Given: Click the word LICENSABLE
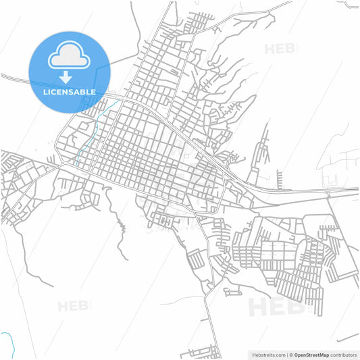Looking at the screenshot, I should coord(70,92).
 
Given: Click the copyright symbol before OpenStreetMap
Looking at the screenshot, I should coord(292,354).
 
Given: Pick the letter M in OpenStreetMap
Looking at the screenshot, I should coord(327,354).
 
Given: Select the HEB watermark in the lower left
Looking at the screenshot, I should coord(74,306).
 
